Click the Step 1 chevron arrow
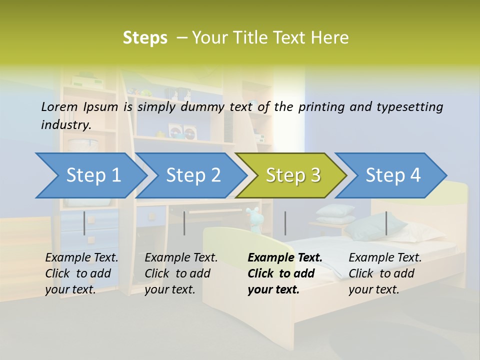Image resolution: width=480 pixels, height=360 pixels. tap(90, 175)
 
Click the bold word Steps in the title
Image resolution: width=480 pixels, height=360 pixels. tap(145, 38)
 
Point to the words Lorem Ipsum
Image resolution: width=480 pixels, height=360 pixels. tap(79, 106)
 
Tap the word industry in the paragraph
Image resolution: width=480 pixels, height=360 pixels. tap(65, 125)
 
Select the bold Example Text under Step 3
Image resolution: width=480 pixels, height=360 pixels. tap(285, 258)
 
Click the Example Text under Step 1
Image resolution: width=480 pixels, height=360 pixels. tap(81, 258)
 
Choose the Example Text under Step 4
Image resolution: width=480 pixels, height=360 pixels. tap(385, 258)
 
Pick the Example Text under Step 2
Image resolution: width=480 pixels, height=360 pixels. tap(181, 258)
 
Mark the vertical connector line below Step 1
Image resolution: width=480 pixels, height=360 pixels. tap(84, 223)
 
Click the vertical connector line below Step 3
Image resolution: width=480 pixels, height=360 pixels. tap(285, 223)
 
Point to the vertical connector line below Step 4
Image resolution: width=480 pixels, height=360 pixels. tap(386, 223)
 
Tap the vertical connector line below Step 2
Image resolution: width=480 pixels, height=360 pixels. tap(184, 223)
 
